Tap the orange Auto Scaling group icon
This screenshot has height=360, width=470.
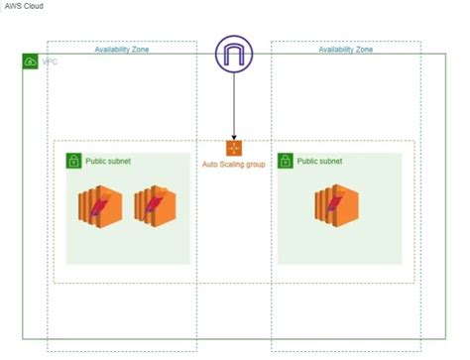coord(234,149)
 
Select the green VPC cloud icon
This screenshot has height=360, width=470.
coord(30,61)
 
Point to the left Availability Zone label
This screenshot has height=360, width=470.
coord(122,49)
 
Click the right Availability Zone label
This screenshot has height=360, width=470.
coord(346,49)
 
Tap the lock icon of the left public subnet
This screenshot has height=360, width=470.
coord(73,161)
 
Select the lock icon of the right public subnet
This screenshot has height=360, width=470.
coord(286,161)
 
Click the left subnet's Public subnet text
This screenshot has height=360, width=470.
coord(108,161)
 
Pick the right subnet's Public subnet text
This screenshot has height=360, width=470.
coord(320,161)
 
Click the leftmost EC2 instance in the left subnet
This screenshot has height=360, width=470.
coord(97,205)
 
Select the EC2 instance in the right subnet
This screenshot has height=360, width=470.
coord(333,205)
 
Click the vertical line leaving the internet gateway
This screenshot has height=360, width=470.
coord(234,104)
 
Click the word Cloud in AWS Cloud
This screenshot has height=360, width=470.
coord(33,6)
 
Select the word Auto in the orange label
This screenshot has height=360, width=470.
coord(210,164)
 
